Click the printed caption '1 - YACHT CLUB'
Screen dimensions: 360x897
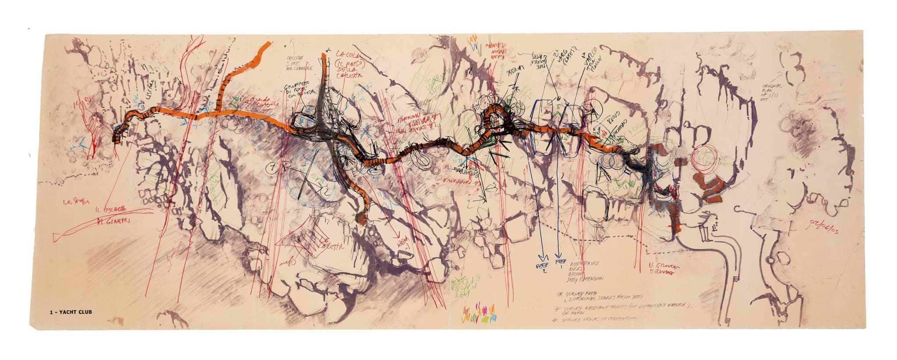tap(71, 312)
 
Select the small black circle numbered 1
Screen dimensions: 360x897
tap(272, 167)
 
